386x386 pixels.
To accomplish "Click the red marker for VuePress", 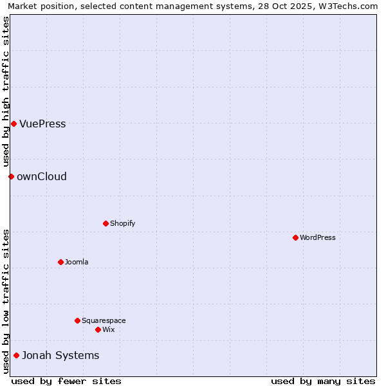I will coord(14,124).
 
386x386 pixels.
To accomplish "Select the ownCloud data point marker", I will coord(11,176).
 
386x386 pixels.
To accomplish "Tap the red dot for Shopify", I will coord(106,223).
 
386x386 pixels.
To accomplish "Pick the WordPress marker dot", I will coord(295,237).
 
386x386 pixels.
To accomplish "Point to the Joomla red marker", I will coord(60,262).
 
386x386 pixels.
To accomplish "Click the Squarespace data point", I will coord(77,320).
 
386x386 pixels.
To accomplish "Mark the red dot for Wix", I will coord(98,329).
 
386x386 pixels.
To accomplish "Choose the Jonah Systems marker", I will coord(16,355).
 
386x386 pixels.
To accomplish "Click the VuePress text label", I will coord(42,124).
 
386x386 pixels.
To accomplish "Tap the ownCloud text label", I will coord(42,177).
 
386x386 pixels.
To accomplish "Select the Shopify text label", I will coord(123,224).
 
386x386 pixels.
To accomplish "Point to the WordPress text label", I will coord(318,238).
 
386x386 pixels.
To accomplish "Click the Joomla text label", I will coord(77,262).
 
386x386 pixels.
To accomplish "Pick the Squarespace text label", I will coord(104,321).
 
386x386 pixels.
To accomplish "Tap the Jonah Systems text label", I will coord(60,356).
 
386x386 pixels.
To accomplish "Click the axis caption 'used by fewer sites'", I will coord(66,381).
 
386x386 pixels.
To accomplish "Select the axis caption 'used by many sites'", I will coord(323,381).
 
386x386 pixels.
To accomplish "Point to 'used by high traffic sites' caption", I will coord(6,92).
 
